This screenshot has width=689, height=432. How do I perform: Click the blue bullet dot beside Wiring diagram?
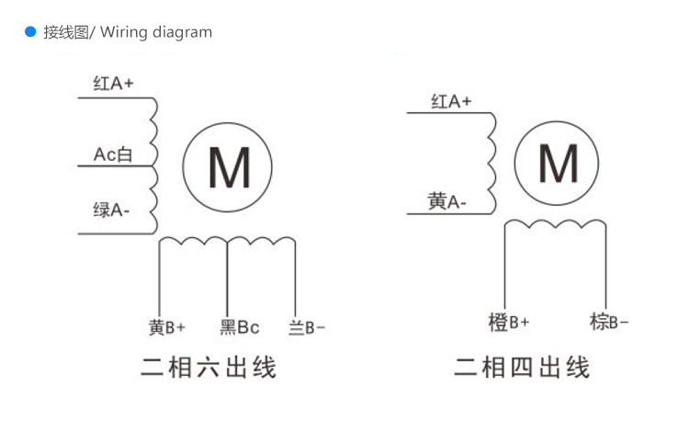point(29,32)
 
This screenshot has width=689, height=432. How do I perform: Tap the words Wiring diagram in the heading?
point(155,32)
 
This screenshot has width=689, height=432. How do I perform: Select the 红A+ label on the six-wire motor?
point(113,84)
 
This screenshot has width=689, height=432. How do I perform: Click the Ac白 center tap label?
point(113,154)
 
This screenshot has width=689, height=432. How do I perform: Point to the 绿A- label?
point(111,210)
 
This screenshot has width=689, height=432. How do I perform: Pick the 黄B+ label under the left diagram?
point(166,327)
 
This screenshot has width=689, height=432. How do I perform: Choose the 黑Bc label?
point(239,327)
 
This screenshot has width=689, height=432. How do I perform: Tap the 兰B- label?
point(307,327)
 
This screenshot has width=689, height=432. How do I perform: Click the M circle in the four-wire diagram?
point(558,164)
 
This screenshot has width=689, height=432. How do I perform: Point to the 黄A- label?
point(447,200)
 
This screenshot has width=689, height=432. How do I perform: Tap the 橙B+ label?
point(509,323)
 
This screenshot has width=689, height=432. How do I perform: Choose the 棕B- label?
point(609,323)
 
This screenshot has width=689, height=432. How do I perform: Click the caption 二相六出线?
point(209,369)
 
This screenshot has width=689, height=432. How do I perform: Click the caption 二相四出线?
point(522,369)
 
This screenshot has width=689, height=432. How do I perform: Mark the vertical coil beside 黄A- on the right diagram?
point(493,163)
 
